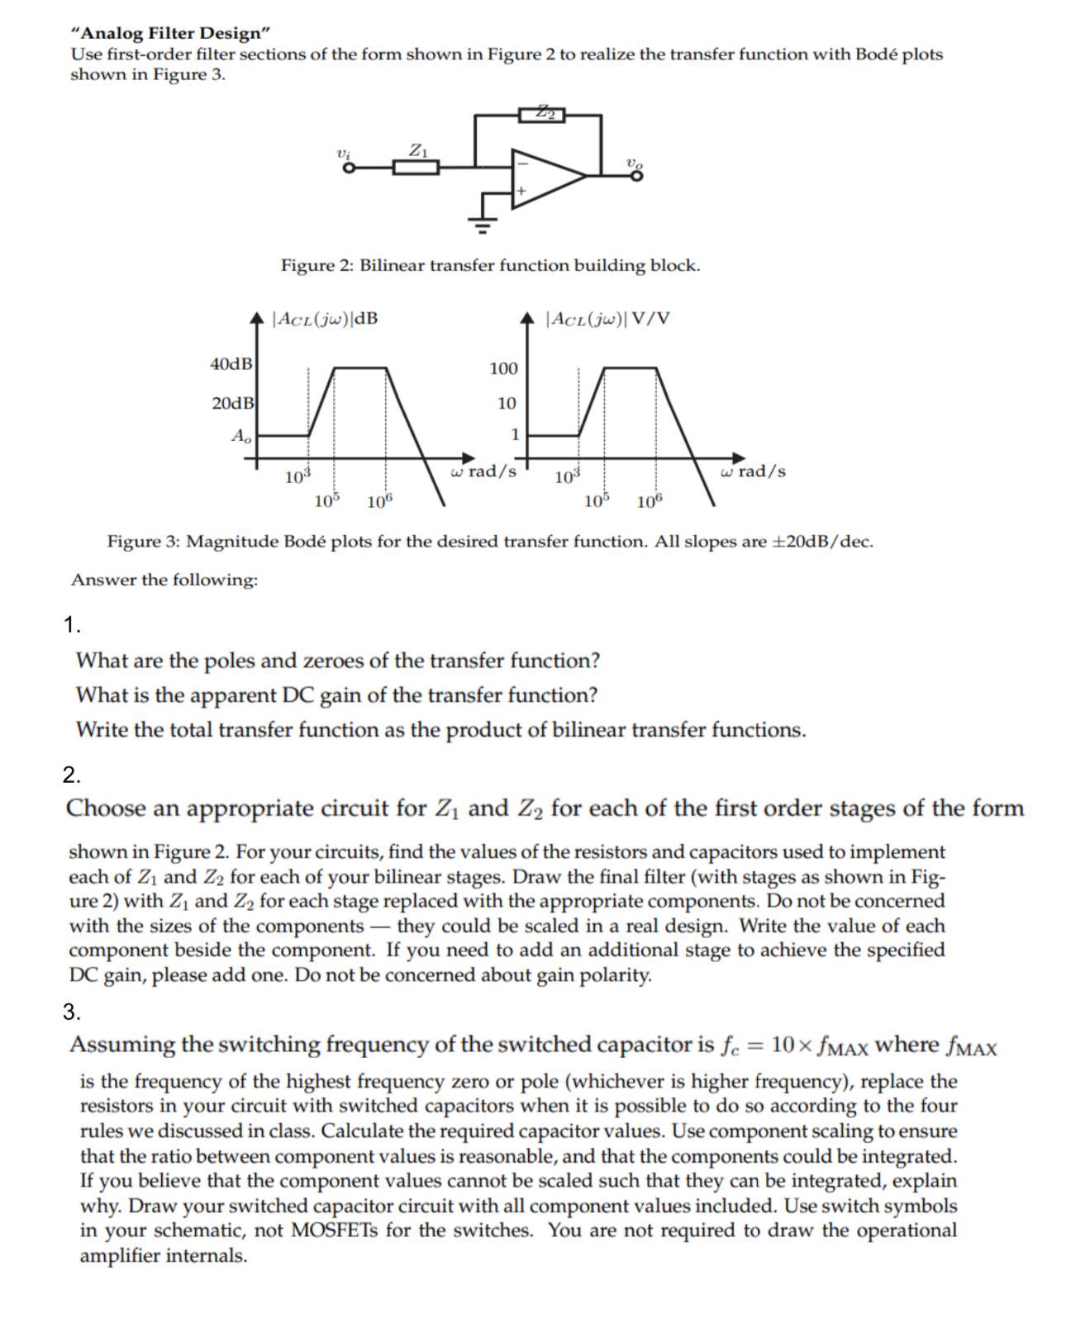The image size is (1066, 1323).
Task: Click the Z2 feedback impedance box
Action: [541, 114]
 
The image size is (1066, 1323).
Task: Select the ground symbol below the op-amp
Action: [483, 220]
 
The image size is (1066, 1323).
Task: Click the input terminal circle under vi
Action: [349, 168]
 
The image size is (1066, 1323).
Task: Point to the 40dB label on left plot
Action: [231, 364]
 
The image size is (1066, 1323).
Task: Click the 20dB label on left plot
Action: [231, 403]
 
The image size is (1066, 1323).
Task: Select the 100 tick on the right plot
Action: [503, 368]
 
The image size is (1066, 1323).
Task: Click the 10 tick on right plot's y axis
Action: [507, 403]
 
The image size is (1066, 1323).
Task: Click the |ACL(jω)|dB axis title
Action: [326, 319]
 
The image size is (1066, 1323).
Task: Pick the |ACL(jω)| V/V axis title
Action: [608, 319]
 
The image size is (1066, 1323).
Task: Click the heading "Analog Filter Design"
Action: [171, 33]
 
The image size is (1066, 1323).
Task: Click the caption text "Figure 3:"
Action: [144, 542]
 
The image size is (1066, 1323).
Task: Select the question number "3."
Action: [72, 1011]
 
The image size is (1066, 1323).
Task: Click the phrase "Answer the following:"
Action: [164, 580]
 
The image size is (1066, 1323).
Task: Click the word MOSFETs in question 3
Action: [335, 1231]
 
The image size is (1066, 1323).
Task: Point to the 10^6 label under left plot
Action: [379, 501]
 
